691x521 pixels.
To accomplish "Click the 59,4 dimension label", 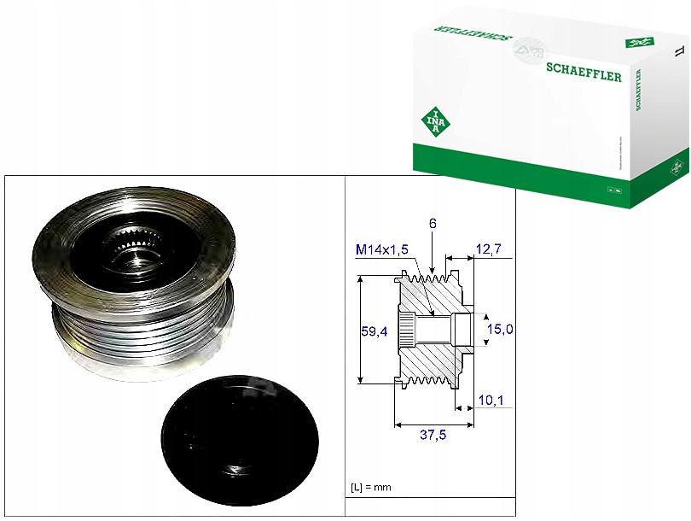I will (x=375, y=331).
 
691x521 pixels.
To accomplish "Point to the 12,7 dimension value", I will (x=488, y=249).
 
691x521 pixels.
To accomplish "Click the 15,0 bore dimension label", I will (x=499, y=328).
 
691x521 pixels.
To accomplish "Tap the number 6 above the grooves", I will (x=433, y=223).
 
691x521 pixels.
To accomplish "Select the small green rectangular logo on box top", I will (x=637, y=41).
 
